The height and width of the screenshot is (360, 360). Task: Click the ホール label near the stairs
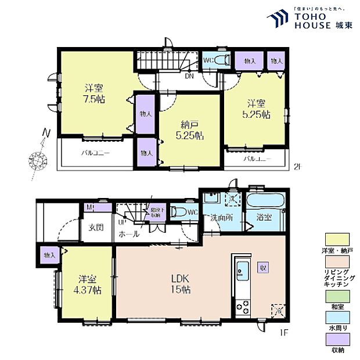coord(128,234)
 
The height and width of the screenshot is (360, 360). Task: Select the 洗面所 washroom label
coord(221,218)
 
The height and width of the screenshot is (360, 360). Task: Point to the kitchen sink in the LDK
coord(243,270)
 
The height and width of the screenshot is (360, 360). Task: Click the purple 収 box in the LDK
coord(263,268)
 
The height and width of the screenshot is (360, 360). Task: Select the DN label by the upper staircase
coord(189,75)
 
